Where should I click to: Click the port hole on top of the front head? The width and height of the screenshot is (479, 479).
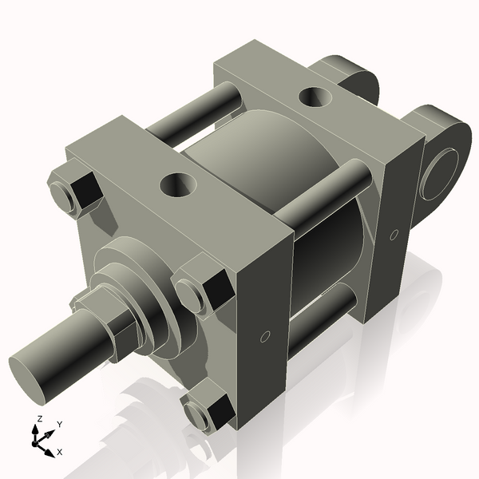178,185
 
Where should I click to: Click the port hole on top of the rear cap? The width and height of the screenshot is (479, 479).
313,97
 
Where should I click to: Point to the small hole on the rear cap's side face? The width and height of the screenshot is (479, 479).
394,234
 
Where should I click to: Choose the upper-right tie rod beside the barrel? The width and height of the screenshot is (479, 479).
319,200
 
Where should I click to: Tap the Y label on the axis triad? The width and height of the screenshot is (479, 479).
59,425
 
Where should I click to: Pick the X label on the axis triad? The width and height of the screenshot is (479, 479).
61,452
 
